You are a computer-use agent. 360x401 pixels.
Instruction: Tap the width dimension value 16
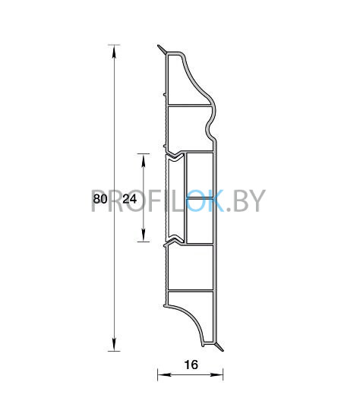point(191,365)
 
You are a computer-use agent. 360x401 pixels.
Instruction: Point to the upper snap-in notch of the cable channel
point(174,156)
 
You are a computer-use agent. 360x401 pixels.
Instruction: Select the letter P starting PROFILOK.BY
point(100,201)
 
